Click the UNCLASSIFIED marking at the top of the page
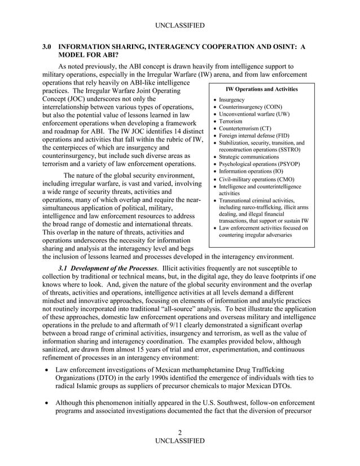(179, 25)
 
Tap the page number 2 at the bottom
(179, 433)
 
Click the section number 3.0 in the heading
(49, 48)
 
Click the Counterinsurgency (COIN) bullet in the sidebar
(251, 107)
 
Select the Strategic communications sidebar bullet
(249, 157)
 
